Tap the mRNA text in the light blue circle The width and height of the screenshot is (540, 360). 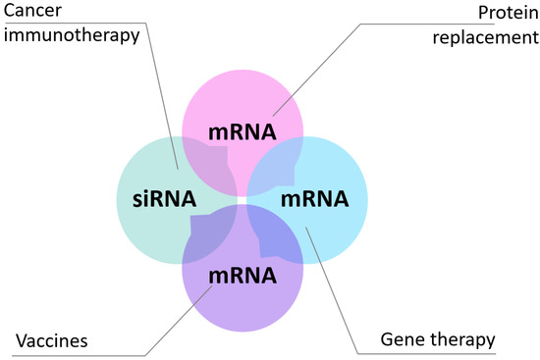(x=314, y=199)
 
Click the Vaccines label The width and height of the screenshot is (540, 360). (x=52, y=341)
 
